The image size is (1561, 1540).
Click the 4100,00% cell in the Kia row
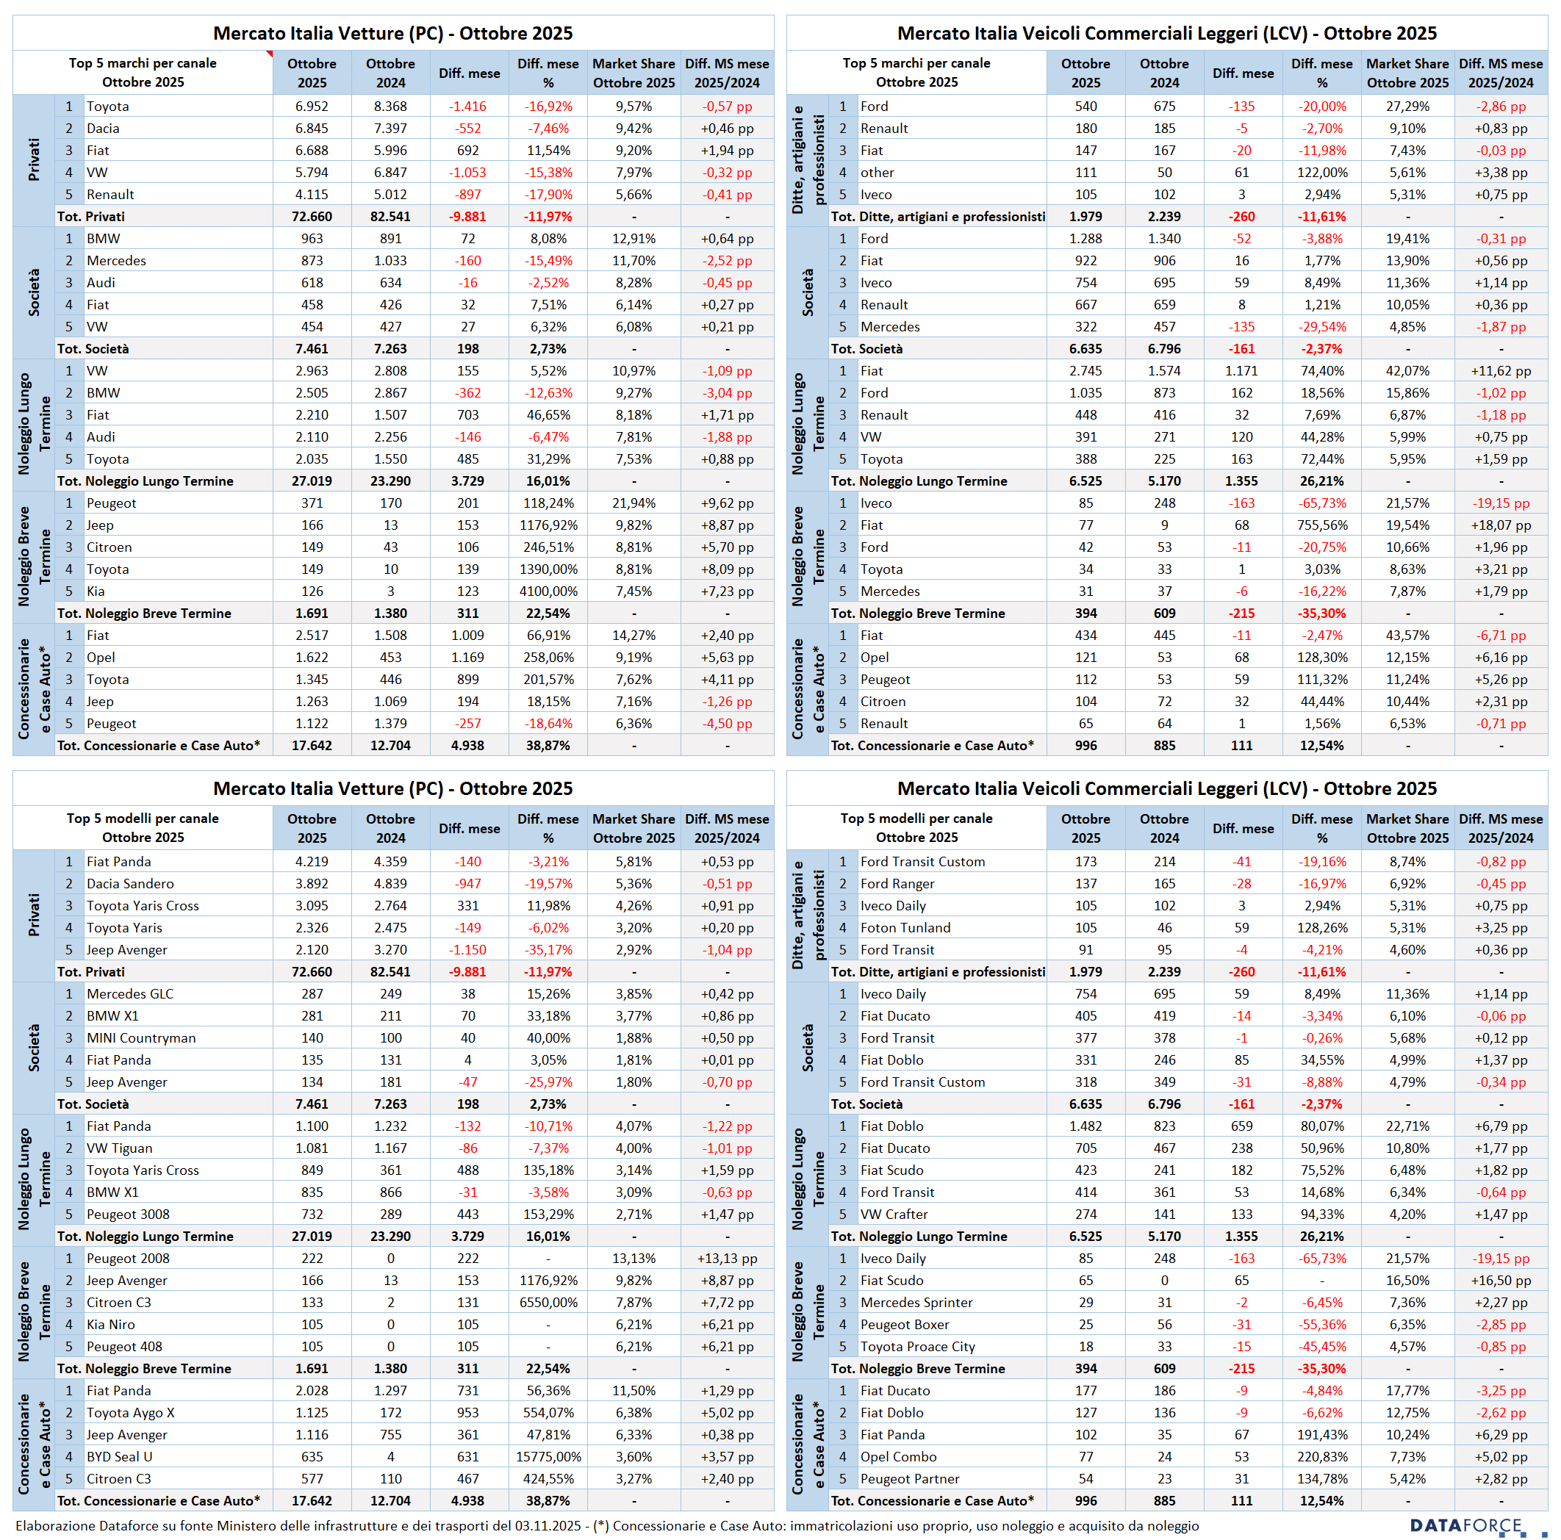548,591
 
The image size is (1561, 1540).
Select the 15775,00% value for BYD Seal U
548,1457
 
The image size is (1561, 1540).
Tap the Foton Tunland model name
905,928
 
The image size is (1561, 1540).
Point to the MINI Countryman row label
140,1037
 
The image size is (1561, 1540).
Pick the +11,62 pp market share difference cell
1501,370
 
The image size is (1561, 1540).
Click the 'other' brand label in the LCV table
877,172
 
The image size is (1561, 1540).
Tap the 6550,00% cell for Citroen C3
548,1303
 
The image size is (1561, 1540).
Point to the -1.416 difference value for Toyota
468,107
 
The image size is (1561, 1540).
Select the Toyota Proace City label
917,1346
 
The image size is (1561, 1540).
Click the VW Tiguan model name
119,1148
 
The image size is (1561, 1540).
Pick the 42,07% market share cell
1407,370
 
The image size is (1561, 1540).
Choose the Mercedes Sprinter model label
916,1303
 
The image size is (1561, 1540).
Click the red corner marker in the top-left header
269,54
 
